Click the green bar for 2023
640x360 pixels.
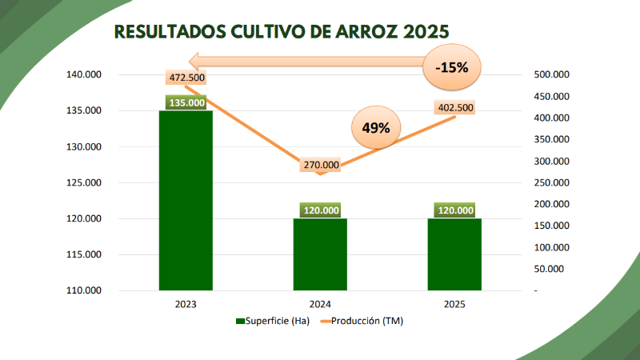pyautogui.click(x=186, y=200)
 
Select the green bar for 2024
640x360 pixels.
pyautogui.click(x=321, y=254)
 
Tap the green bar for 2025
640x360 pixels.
pyautogui.click(x=454, y=254)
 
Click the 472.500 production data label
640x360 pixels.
pyautogui.click(x=186, y=78)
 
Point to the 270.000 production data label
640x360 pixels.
pyautogui.click(x=321, y=166)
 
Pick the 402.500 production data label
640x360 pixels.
pyautogui.click(x=455, y=108)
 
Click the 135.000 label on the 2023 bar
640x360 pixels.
pyautogui.click(x=186, y=102)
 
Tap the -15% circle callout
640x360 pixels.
pyautogui.click(x=452, y=68)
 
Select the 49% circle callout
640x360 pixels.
pyautogui.click(x=375, y=127)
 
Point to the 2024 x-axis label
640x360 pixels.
pyautogui.click(x=321, y=305)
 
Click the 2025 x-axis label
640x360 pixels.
pyautogui.click(x=454, y=305)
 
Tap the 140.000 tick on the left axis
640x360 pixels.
pyautogui.click(x=83, y=75)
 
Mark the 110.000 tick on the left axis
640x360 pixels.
pyautogui.click(x=83, y=290)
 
